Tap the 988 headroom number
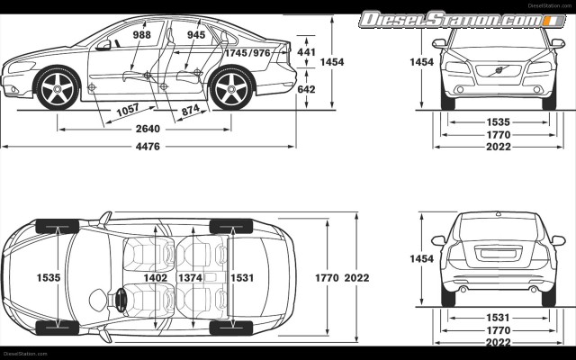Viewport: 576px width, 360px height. pyautogui.click(x=141, y=35)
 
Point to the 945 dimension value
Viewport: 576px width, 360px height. pyautogui.click(x=196, y=35)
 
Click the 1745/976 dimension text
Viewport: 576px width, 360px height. pyautogui.click(x=247, y=53)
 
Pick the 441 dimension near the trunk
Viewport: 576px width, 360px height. pyautogui.click(x=306, y=53)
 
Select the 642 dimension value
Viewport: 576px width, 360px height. pyautogui.click(x=306, y=89)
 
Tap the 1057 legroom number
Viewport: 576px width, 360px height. pyautogui.click(x=129, y=111)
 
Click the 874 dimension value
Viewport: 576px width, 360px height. pyautogui.click(x=191, y=110)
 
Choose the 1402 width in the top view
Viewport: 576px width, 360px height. pyautogui.click(x=156, y=278)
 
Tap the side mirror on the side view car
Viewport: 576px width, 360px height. pyautogui.click(x=105, y=44)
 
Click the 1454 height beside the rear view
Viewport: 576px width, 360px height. pyautogui.click(x=421, y=258)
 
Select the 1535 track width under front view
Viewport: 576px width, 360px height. pyautogui.click(x=499, y=121)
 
